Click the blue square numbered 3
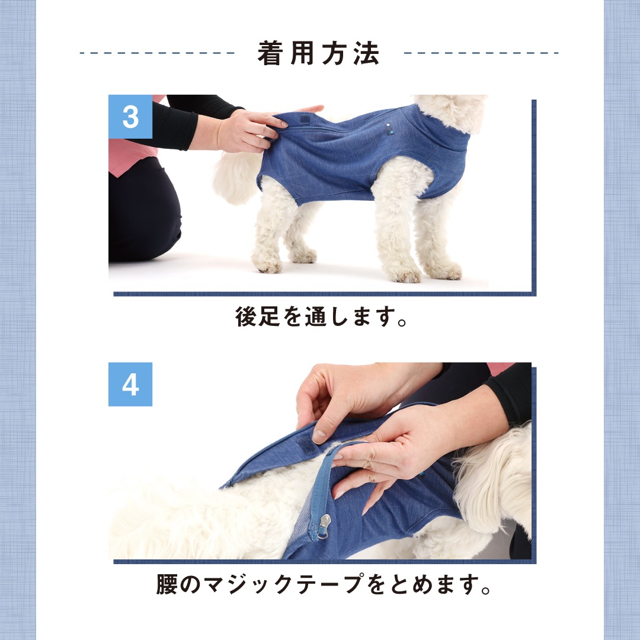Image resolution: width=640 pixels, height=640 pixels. [x=130, y=117]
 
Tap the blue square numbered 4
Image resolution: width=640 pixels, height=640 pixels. [x=130, y=384]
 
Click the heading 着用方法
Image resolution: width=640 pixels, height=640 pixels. [x=319, y=53]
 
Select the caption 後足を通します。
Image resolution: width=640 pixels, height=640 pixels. [x=321, y=316]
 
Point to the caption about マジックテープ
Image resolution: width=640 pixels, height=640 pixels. [x=324, y=584]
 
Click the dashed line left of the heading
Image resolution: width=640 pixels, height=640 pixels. [x=157, y=53]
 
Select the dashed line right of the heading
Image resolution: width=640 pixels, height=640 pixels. [x=481, y=53]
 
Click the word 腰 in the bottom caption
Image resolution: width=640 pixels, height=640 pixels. [x=167, y=584]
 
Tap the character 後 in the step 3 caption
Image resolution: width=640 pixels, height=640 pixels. [x=246, y=316]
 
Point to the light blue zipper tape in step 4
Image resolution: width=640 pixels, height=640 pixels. [x=321, y=486]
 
